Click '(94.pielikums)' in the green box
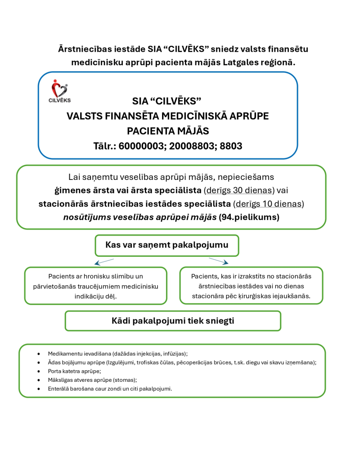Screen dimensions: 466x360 coord(249,217)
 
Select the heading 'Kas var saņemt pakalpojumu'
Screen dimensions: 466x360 coord(167,245)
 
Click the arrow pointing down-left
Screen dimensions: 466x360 coord(104,261)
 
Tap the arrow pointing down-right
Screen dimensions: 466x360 coord(219,261)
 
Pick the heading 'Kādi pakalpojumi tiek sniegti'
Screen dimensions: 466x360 coord(173,321)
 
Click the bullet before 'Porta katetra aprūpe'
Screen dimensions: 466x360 coord(39,371)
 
